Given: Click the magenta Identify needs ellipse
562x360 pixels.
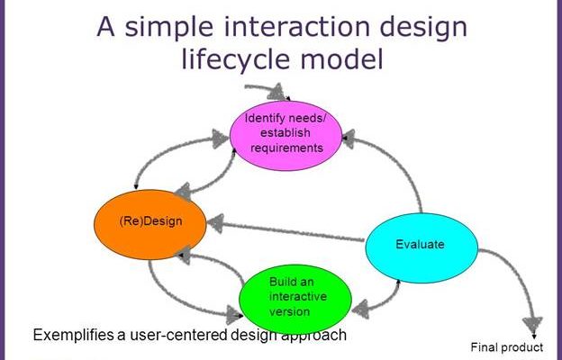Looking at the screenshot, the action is point(286,136).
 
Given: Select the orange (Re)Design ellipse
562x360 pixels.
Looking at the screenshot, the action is point(150,225).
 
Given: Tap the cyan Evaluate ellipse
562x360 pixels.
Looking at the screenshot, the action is point(421,247).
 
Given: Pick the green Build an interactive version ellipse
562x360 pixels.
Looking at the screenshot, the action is point(295,300).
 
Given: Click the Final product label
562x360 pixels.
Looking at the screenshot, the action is point(507,347).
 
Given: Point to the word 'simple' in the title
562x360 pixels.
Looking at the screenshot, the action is point(168,27).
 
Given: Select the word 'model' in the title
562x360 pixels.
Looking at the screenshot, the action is point(342,58).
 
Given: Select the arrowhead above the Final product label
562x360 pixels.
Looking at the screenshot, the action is point(532,325).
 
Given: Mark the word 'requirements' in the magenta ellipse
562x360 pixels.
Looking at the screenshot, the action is point(286,148).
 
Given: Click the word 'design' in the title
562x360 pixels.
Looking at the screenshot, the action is point(423,29).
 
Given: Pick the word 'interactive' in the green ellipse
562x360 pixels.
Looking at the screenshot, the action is point(298,297).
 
